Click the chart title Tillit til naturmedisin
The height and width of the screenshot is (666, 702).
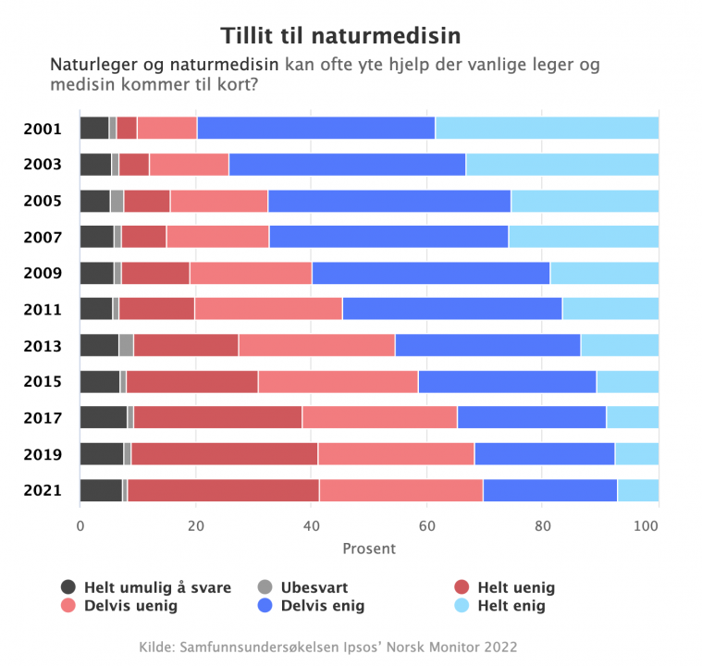[340, 36]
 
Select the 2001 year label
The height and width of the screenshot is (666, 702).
[43, 129]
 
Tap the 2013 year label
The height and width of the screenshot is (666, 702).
[43, 346]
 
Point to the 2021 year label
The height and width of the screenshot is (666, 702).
[43, 490]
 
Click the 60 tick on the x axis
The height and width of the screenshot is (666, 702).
[426, 526]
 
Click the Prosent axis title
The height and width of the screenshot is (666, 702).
[369, 549]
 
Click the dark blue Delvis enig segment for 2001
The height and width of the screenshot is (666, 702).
[316, 129]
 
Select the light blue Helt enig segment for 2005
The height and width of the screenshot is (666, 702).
[585, 201]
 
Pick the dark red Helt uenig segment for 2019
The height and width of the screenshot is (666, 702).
[224, 454]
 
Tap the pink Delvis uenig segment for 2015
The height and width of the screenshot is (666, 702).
[338, 382]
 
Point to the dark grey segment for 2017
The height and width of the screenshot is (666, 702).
[104, 418]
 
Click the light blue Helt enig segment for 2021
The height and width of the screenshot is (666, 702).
[638, 490]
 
